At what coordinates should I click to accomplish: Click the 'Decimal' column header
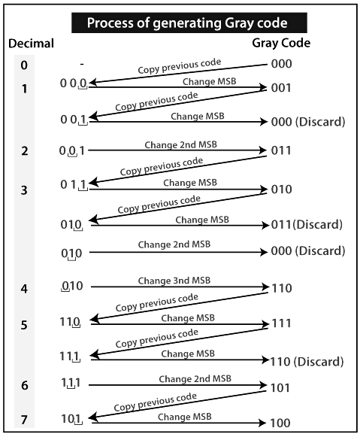31,44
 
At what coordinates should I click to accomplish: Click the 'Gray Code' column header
282,44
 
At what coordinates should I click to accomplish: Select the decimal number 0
24,65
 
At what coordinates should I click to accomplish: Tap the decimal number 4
24,287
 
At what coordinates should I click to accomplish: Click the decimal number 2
24,151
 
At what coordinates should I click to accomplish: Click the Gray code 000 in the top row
281,65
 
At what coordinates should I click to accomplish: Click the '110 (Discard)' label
309,361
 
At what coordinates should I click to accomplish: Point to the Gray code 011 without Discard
281,151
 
